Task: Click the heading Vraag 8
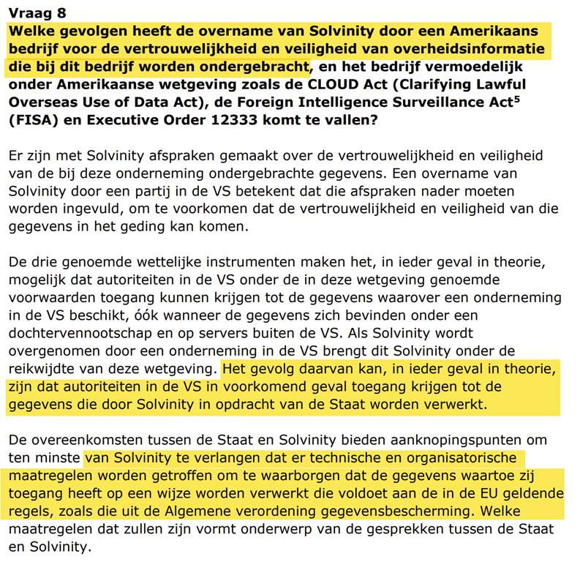[x=36, y=13]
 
